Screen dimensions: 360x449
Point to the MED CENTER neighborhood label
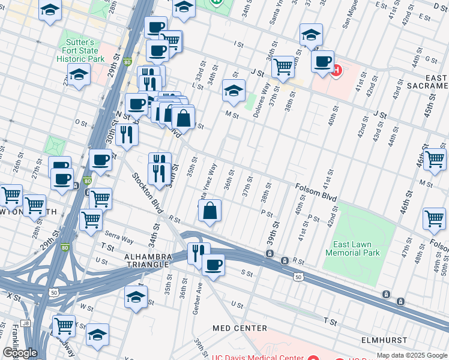(240, 328)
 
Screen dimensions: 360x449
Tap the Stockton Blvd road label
(146, 193)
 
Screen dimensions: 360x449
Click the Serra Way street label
(118, 238)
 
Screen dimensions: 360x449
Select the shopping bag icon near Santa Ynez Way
(209, 211)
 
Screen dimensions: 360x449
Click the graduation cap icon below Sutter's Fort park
(79, 76)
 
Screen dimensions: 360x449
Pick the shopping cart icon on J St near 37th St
(283, 67)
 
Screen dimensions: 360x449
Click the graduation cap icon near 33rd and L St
(234, 91)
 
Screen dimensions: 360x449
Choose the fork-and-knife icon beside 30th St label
(126, 134)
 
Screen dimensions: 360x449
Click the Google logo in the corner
(20, 353)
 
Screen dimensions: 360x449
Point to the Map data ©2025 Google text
(412, 355)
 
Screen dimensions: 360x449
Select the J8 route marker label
(25, 323)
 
